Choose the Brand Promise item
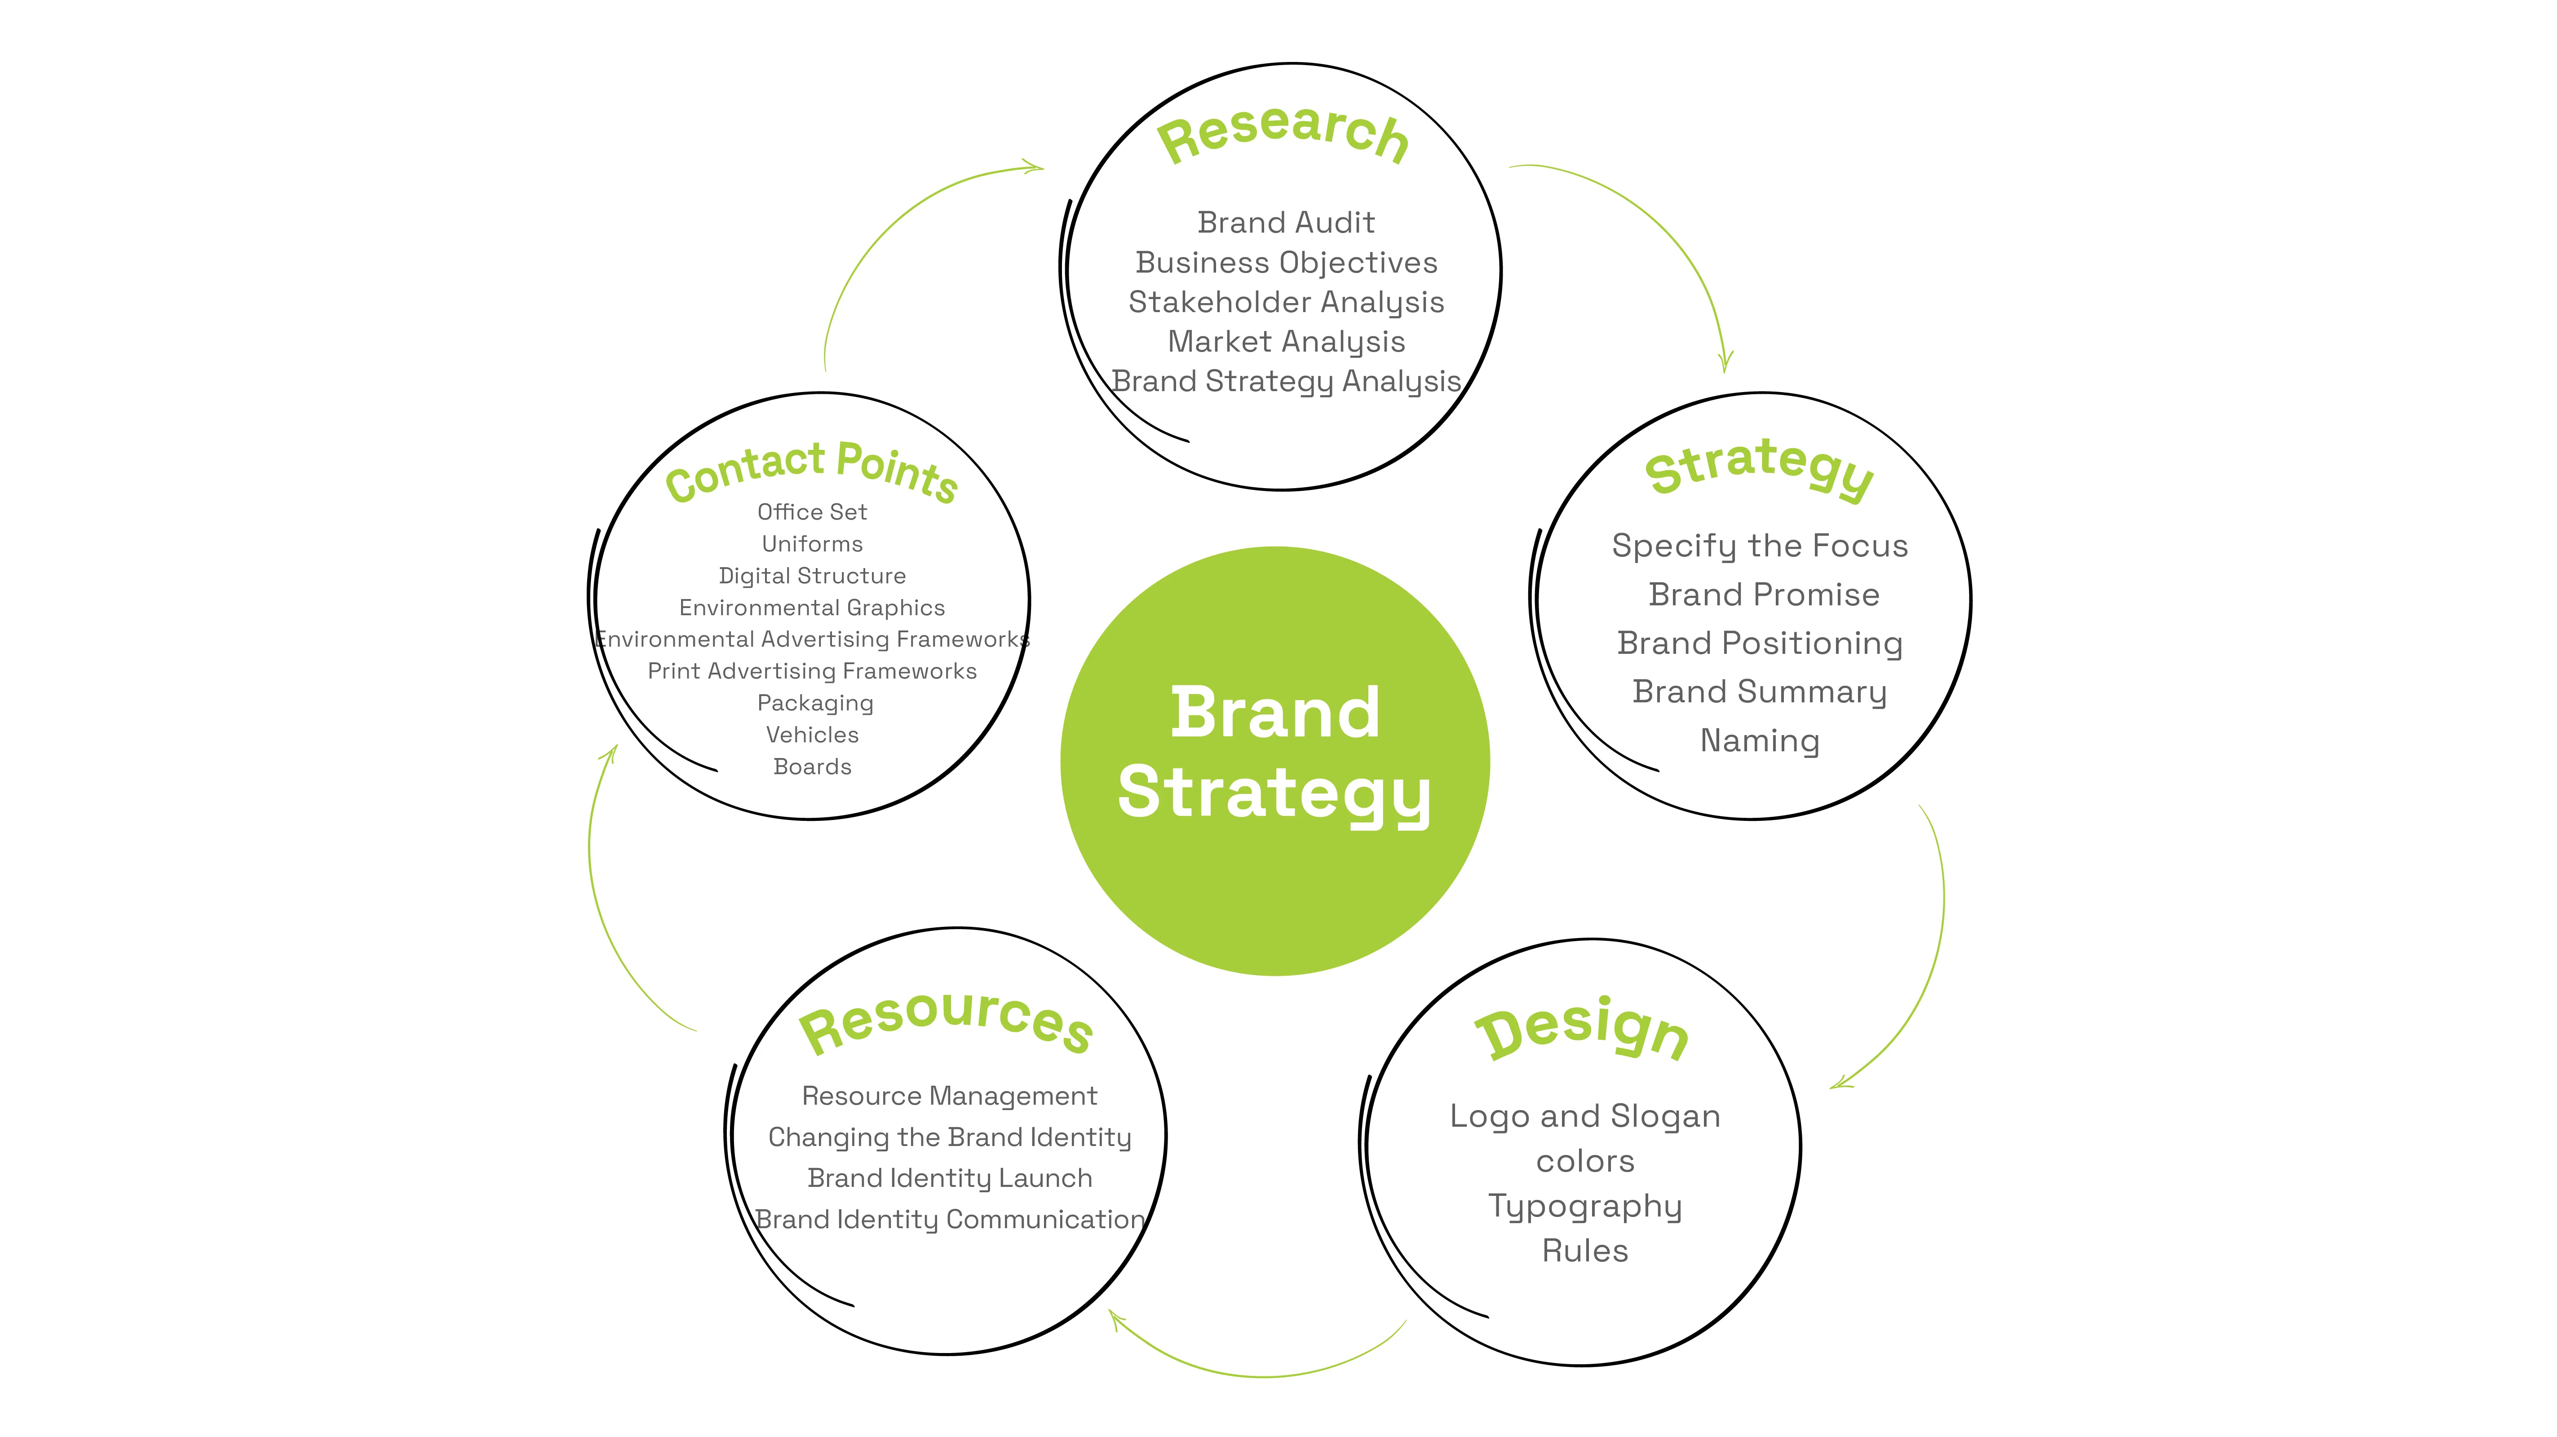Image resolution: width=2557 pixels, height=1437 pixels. click(1763, 595)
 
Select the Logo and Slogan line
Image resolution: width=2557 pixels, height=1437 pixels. click(1584, 1116)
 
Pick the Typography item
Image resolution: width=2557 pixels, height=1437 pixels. click(1584, 1206)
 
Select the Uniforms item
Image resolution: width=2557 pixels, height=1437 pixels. click(812, 544)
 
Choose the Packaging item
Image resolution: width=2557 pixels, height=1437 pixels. click(815, 703)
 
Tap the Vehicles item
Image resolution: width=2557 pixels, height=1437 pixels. click(812, 734)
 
